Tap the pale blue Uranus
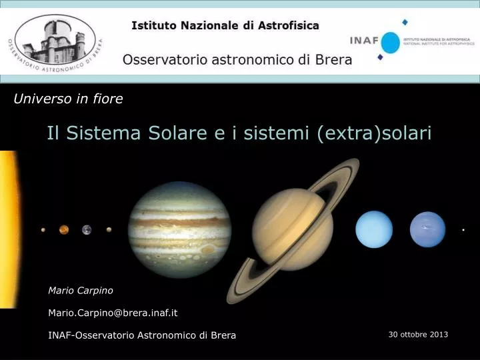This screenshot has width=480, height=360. [374, 229]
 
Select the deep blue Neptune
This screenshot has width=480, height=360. [427, 229]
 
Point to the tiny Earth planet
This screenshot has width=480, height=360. [87, 230]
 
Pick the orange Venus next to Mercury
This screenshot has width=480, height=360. [64, 230]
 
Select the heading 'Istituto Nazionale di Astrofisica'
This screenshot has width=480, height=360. [225, 26]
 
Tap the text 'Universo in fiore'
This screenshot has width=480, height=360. [69, 99]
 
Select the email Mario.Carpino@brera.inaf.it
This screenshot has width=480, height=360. [113, 313]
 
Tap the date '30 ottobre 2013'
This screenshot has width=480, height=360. [418, 334]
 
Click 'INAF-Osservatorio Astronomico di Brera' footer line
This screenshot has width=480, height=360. [142, 335]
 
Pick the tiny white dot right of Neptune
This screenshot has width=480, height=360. [463, 230]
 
